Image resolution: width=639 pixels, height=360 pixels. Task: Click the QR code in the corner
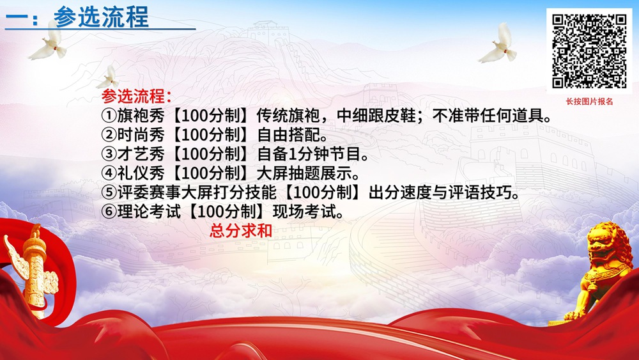click(589, 51)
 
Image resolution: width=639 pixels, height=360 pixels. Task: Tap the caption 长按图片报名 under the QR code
click(589, 101)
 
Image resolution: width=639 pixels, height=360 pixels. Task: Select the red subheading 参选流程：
click(136, 97)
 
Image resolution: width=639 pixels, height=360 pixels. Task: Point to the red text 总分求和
click(241, 230)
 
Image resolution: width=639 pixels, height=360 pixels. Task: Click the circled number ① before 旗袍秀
click(108, 116)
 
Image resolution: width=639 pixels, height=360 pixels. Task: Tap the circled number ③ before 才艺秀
click(108, 154)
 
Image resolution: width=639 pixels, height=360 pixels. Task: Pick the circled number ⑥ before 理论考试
click(108, 212)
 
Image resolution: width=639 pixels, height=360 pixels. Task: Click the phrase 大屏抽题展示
click(308, 173)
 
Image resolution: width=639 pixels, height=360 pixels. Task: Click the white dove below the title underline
click(50, 43)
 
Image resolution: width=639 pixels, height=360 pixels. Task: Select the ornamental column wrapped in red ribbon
click(31, 269)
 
